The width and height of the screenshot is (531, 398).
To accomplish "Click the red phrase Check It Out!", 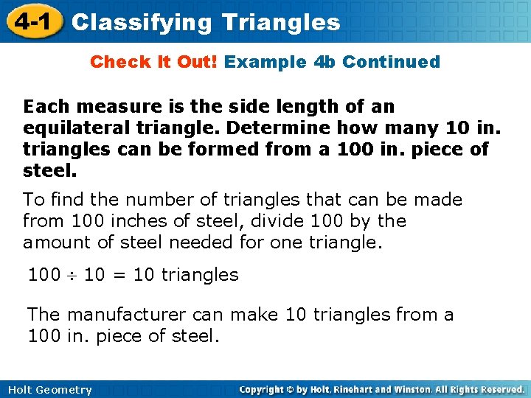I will (x=153, y=62).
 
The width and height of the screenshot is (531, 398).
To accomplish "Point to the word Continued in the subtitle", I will (x=391, y=62).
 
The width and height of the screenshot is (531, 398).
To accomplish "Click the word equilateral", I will (x=70, y=128).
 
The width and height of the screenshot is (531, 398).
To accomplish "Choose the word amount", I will (x=51, y=242).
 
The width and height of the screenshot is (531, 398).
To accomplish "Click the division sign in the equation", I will (x=72, y=276).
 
